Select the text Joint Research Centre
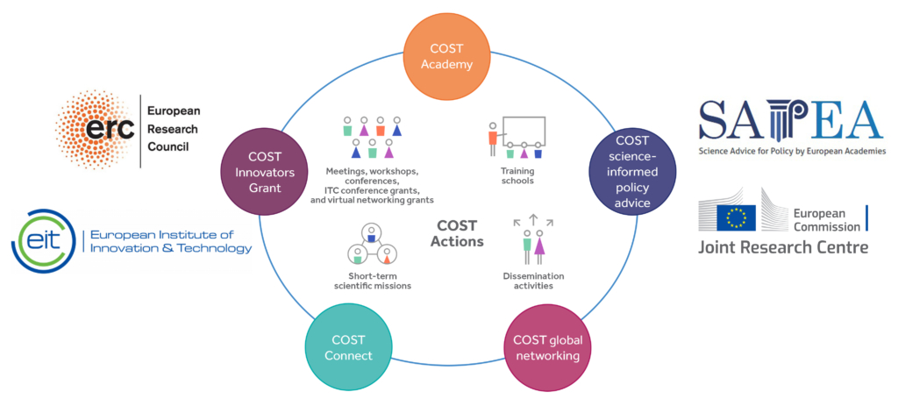pyautogui.click(x=783, y=247)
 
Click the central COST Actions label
pyautogui.click(x=457, y=233)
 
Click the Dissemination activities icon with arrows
pyautogui.click(x=533, y=238)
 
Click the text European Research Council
pyautogui.click(x=174, y=129)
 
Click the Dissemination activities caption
pyautogui.click(x=533, y=281)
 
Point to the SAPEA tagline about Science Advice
pyautogui.click(x=791, y=151)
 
